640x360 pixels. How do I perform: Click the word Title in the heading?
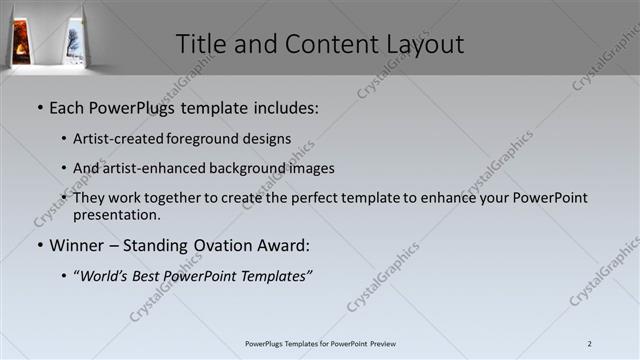200,44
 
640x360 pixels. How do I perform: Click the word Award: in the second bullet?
283,245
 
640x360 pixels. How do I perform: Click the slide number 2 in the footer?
590,344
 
